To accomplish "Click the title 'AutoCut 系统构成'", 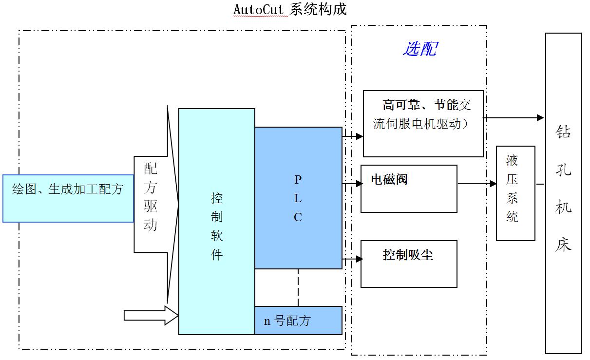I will click(x=290, y=9).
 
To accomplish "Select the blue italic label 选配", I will click(x=419, y=49).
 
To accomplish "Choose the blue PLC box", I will click(x=298, y=198).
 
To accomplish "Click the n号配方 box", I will click(x=298, y=321).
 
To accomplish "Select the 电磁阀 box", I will click(x=409, y=189).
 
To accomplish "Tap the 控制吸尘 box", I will click(x=409, y=264).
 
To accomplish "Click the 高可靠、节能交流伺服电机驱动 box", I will click(x=423, y=123).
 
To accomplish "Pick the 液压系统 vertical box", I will click(x=515, y=193).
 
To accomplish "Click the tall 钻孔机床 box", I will click(x=563, y=193).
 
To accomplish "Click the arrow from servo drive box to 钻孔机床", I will click(x=514, y=117).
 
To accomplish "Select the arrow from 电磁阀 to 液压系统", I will click(x=476, y=184).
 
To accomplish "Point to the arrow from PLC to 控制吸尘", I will click(x=352, y=260).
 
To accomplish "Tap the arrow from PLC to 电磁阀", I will click(x=352, y=184).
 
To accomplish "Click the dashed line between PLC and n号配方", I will click(x=298, y=287).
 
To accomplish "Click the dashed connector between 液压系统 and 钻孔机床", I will click(x=540, y=184).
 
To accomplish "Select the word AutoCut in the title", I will click(x=258, y=9).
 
